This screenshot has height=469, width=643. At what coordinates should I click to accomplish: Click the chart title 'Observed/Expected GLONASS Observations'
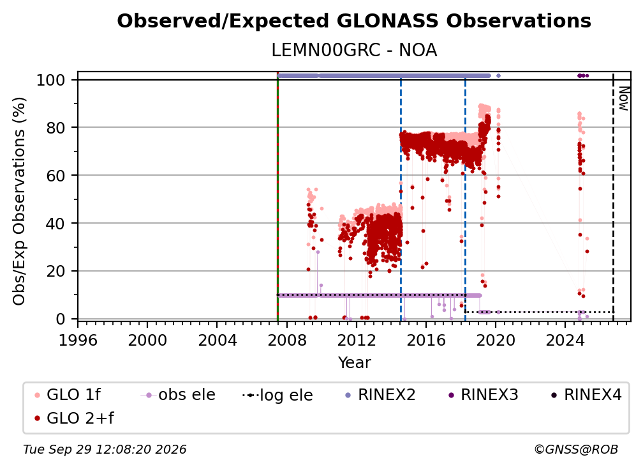pos(354,21)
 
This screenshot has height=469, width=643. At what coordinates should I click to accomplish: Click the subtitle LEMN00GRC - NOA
pos(354,50)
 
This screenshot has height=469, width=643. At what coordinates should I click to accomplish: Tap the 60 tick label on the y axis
pos(55,176)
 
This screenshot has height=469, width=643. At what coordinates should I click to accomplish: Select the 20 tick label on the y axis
pos(55,272)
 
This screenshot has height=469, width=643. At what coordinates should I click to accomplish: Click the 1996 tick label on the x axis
pos(78,340)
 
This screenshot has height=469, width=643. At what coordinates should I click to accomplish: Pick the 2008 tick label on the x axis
pos(286,340)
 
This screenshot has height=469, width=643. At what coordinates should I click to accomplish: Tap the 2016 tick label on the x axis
pos(425,340)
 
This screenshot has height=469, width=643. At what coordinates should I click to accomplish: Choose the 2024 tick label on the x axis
pos(565,340)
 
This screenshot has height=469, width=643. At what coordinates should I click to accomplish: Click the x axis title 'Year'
pos(354,363)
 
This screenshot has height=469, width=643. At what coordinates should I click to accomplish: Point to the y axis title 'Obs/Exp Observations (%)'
pos(19,201)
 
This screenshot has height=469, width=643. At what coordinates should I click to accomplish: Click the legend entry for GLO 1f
pos(68,395)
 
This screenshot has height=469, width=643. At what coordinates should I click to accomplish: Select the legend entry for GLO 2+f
pos(74,419)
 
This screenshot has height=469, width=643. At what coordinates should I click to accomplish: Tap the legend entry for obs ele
pos(178,395)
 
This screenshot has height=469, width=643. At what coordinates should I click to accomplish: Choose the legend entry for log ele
pos(277,396)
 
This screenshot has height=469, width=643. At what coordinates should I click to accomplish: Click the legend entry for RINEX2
pos(380,395)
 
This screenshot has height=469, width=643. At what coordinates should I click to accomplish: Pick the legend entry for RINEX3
pos(483,395)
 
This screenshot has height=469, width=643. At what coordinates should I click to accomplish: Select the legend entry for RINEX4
pos(586,395)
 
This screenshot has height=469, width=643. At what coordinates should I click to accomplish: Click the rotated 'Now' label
pos(623,98)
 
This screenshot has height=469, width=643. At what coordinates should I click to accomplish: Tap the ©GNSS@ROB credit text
pos(576,450)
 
